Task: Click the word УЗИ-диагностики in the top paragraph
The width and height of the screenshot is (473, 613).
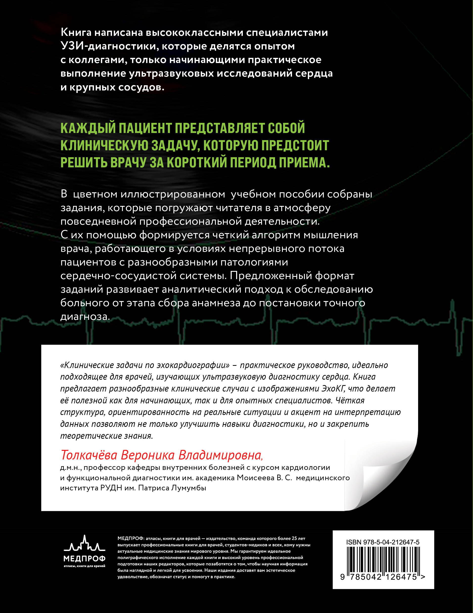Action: pyautogui.click(x=107, y=46)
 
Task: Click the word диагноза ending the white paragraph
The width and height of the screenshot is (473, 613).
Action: pyautogui.click(x=85, y=317)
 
